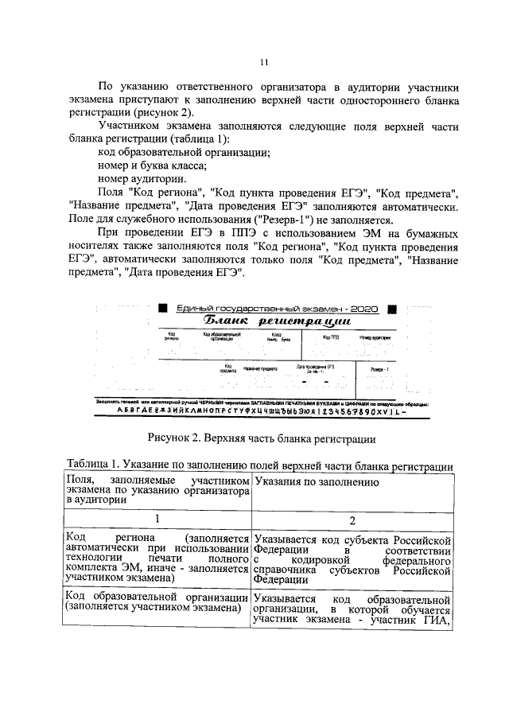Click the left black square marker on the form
162,307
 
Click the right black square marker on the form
390,307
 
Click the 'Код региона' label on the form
171,337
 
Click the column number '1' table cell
157,518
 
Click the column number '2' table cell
352,518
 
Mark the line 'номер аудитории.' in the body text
142,179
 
